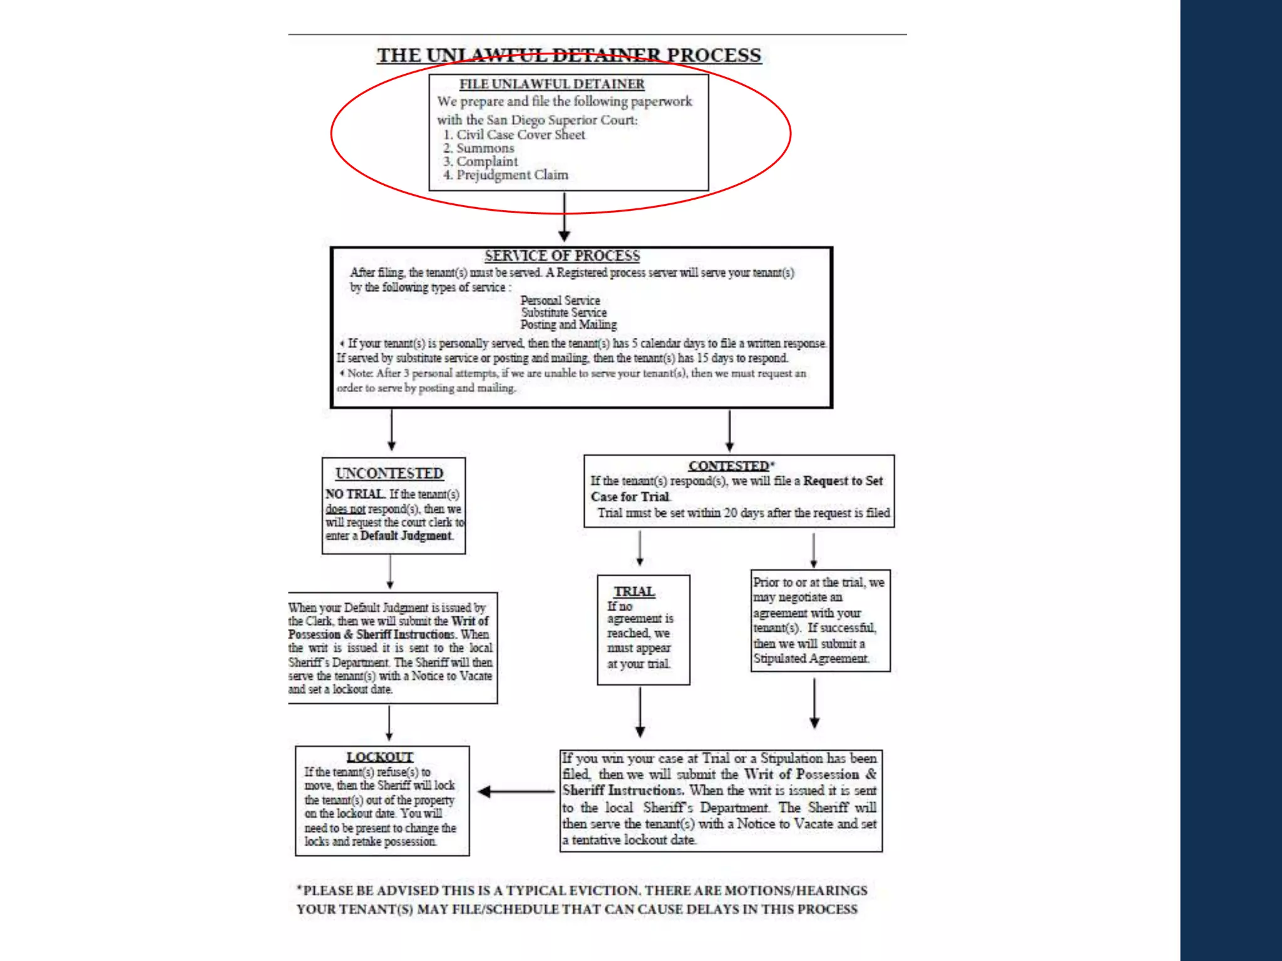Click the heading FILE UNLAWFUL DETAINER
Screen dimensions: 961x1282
pos(551,84)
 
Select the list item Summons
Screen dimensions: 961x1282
pos(485,148)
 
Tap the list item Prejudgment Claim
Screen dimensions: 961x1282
pos(511,175)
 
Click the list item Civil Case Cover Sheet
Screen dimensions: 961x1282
pos(520,135)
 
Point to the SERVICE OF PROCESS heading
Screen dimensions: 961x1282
pos(562,256)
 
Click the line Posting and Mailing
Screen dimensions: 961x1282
pos(568,325)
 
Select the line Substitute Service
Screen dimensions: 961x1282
pos(564,312)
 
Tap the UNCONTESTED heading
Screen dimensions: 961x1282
pos(389,474)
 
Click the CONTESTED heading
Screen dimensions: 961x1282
pos(729,466)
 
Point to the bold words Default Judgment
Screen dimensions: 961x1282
pos(406,536)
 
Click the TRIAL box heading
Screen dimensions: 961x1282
pos(634,592)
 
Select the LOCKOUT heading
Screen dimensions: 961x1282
pos(380,757)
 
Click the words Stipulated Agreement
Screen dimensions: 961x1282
pos(811,659)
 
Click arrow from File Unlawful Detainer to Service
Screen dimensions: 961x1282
pos(564,216)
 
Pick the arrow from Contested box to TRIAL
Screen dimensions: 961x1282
pos(640,549)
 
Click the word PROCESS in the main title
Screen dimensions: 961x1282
pos(714,55)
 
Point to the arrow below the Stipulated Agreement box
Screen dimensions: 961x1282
pos(814,703)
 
